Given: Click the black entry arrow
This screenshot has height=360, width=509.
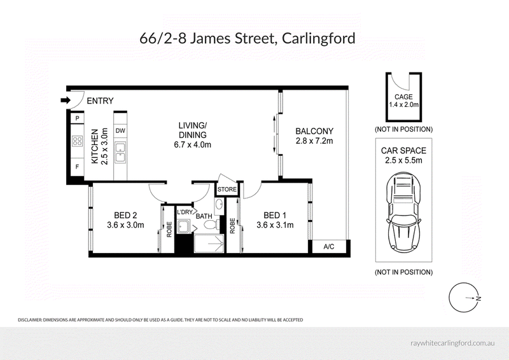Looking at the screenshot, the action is pos(66,100).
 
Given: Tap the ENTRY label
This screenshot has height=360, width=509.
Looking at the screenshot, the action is pos(100,101).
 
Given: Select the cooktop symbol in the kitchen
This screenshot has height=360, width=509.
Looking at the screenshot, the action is pos(77,141).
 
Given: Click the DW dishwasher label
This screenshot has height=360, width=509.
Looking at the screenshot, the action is pos(120,131).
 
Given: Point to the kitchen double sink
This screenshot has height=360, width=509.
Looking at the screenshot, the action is pos(120,152).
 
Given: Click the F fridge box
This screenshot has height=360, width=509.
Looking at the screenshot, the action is pos(77,167).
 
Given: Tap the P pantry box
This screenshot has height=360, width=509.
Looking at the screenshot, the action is pos(77,118).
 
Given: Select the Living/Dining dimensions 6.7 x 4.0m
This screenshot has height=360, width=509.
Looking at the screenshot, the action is pos(193,144).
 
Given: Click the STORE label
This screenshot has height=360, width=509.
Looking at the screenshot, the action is pos(227,190).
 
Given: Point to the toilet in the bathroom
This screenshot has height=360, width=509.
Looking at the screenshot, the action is pos(213,224).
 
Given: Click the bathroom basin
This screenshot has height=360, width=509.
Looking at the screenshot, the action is pos(219,205).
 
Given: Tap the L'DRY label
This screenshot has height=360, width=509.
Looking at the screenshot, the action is pos(185,212).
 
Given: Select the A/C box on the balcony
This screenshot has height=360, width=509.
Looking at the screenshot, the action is pos(329,247).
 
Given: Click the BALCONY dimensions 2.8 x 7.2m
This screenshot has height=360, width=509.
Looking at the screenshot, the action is pos(314,141).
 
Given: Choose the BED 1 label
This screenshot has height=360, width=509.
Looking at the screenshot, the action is pos(275,215).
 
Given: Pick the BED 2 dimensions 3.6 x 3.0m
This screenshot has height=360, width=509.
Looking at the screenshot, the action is pos(125,225).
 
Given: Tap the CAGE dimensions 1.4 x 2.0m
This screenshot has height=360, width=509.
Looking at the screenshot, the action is pos(403,105).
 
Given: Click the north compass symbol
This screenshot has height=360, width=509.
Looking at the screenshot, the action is pos(463,298).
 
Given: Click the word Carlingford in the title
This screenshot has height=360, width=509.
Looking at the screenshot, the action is pos(319,38).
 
